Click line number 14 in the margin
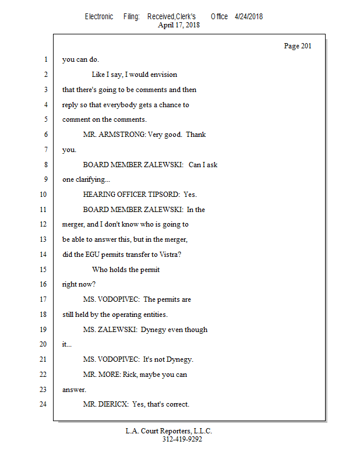click(x=43, y=255)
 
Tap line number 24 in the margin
click(x=43, y=404)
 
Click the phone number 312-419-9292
click(x=182, y=439)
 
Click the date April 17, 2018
click(x=179, y=25)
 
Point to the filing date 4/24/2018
click(x=249, y=16)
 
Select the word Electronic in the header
click(x=99, y=16)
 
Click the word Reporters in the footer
click(x=178, y=431)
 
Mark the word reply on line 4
click(x=70, y=105)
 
